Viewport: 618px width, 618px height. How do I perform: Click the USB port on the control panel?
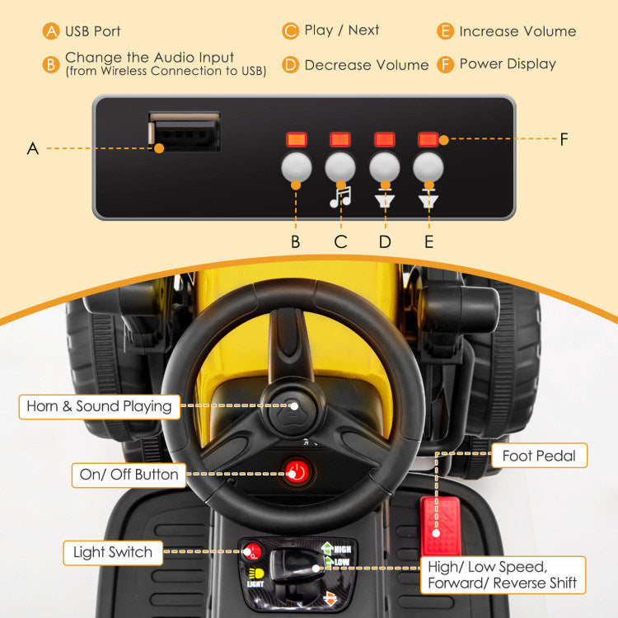[x=185, y=132]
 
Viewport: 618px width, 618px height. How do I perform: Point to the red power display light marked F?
[x=428, y=139]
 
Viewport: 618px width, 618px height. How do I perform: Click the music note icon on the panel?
[x=341, y=197]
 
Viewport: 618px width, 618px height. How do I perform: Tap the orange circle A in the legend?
[x=52, y=31]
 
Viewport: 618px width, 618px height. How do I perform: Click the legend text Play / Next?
[x=341, y=30]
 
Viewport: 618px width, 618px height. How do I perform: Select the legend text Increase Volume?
[x=517, y=31]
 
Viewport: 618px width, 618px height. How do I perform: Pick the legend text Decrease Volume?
[x=366, y=64]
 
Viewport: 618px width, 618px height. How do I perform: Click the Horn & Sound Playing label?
[x=99, y=405]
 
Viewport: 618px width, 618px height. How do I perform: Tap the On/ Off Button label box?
[x=129, y=474]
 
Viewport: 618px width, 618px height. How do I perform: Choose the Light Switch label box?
[x=113, y=552]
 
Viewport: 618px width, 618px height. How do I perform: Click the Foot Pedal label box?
[x=539, y=455]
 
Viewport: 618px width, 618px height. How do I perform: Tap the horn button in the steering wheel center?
[x=293, y=405]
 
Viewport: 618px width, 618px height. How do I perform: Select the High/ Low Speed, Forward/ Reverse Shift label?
[x=503, y=574]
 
